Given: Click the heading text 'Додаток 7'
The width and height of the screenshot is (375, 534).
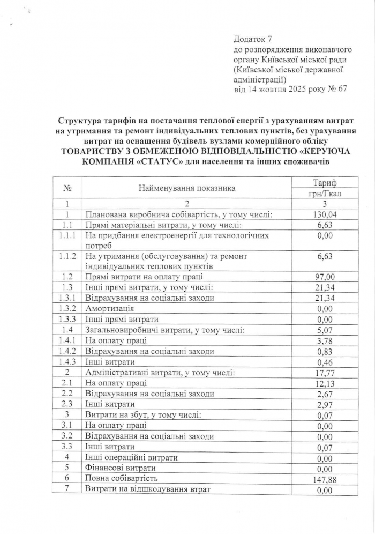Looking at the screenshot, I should [x=253, y=39].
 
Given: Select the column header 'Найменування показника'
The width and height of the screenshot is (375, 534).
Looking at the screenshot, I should [x=187, y=188].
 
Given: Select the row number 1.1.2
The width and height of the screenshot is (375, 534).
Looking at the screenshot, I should [x=68, y=256].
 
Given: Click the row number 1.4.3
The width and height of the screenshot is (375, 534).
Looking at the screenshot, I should [x=68, y=361].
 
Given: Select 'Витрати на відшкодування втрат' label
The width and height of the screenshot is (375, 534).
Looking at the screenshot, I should [x=148, y=488].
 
